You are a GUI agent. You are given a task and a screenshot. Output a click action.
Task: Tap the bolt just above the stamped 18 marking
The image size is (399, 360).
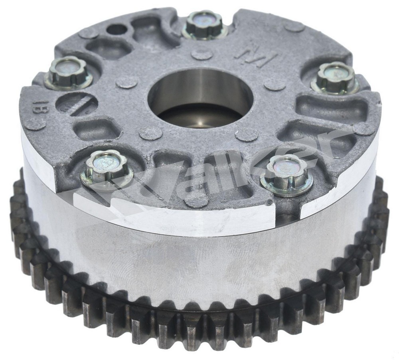(68, 72)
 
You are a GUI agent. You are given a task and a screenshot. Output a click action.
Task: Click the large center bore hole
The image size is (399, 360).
(200, 98)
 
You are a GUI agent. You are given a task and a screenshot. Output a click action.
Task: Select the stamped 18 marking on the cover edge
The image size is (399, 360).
(40, 107)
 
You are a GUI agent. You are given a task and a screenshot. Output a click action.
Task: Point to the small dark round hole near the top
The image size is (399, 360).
(117, 29)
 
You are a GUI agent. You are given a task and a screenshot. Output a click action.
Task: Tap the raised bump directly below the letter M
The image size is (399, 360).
(275, 83)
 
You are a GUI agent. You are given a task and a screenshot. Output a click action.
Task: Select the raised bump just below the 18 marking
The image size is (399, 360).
(35, 124)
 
